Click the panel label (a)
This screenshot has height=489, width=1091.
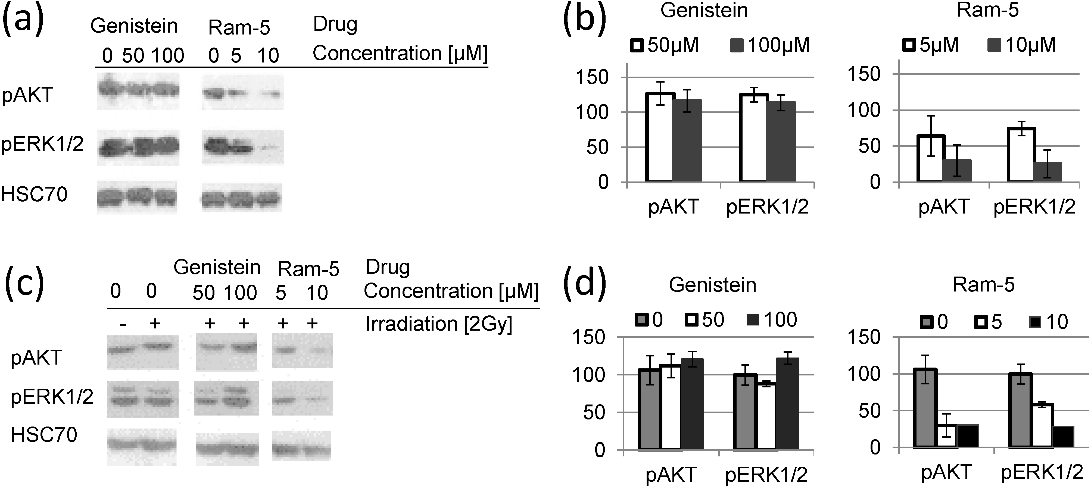(x=23, y=20)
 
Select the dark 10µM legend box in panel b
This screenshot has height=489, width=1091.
(x=994, y=45)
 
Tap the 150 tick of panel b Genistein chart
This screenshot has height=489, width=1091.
(x=592, y=77)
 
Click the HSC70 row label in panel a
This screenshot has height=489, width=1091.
(x=34, y=194)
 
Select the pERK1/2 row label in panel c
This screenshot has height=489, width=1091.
(x=52, y=397)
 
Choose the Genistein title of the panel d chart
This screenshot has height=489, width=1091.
(x=712, y=285)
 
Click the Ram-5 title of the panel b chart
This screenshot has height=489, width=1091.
(x=988, y=10)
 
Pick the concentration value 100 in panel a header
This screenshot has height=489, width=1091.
(x=168, y=55)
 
